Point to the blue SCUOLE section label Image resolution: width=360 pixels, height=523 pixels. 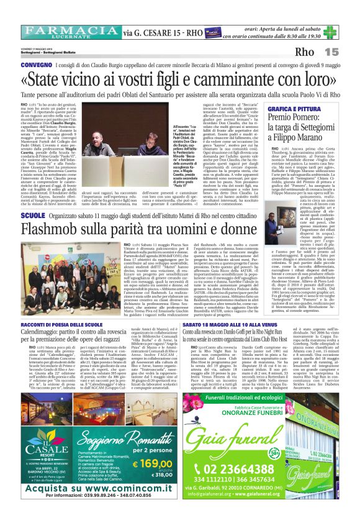pos(32,214)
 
